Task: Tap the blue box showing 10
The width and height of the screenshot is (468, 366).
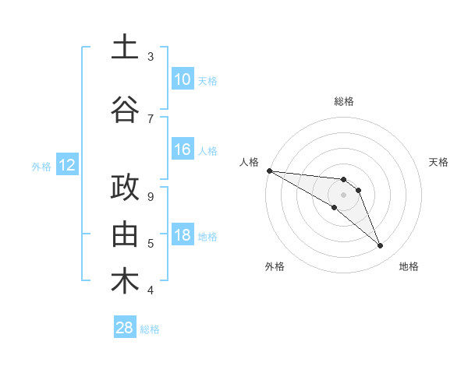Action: [x=183, y=79]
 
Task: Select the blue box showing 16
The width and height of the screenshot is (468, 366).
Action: [x=183, y=150]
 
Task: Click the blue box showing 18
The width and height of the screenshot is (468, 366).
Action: [x=183, y=236]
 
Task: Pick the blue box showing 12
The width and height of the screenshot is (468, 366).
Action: [x=66, y=165]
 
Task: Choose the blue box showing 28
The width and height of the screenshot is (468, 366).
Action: [x=125, y=328]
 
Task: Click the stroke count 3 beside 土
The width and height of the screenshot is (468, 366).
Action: [x=151, y=57]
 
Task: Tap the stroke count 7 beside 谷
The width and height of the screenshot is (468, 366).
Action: [x=151, y=118]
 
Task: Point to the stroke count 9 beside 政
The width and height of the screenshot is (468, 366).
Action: [x=151, y=197]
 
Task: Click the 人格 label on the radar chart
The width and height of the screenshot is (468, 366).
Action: [x=250, y=162]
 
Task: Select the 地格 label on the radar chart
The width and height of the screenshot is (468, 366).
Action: [x=409, y=266]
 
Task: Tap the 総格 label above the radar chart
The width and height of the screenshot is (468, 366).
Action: [x=343, y=101]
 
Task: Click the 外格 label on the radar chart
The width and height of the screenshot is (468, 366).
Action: [x=274, y=266]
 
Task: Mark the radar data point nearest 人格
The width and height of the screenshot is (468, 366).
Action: [x=268, y=171]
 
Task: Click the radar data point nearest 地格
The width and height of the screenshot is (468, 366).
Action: [x=380, y=246]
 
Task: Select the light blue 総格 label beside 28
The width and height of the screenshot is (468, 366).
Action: [x=150, y=329]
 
